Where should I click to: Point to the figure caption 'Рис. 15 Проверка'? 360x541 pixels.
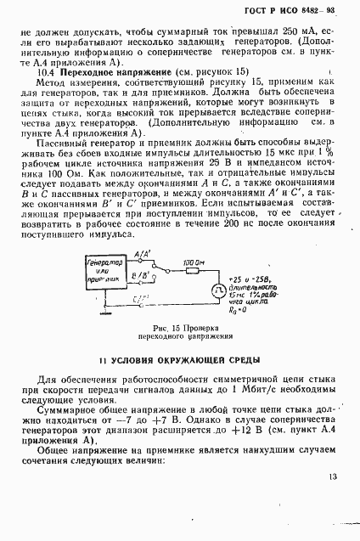(179, 327)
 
